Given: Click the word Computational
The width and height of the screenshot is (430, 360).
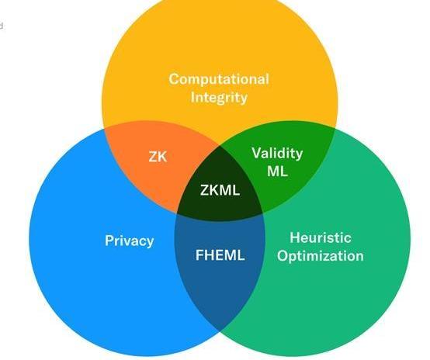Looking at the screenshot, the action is pyautogui.click(x=219, y=79).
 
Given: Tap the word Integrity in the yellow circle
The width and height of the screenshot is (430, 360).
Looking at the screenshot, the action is pyautogui.click(x=219, y=98).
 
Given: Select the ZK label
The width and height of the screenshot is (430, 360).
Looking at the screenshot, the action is pyautogui.click(x=158, y=157).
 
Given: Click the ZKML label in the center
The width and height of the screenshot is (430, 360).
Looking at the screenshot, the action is pyautogui.click(x=220, y=190).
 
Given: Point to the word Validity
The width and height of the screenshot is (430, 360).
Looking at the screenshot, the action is pyautogui.click(x=277, y=154).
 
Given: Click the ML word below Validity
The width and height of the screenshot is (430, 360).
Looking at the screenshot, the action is pyautogui.click(x=278, y=171).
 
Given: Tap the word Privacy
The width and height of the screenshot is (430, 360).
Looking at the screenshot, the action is pyautogui.click(x=129, y=241).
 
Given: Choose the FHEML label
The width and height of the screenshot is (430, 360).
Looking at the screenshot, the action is pyautogui.click(x=220, y=255).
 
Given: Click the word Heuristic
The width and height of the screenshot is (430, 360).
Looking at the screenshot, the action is pyautogui.click(x=321, y=237).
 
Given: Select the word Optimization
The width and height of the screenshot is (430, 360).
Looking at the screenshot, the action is pyautogui.click(x=321, y=256).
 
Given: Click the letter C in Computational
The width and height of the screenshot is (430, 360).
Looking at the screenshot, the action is pyautogui.click(x=174, y=79).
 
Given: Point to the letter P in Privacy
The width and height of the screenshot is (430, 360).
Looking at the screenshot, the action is pyautogui.click(x=109, y=241).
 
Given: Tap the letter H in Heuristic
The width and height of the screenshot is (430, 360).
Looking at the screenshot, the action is pyautogui.click(x=295, y=237).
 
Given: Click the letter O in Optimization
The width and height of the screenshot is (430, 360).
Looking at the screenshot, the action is pyautogui.click(x=283, y=255).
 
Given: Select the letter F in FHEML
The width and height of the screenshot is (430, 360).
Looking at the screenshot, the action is pyautogui.click(x=199, y=255).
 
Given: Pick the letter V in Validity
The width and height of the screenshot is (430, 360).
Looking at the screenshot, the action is pyautogui.click(x=257, y=153).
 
